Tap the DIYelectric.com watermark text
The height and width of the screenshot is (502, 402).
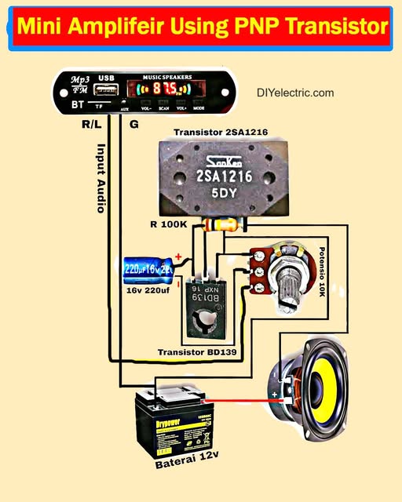(x=295, y=93)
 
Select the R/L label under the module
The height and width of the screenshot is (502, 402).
(x=92, y=124)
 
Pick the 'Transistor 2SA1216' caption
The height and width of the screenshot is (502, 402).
(x=221, y=133)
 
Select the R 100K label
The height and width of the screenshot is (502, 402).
(x=169, y=225)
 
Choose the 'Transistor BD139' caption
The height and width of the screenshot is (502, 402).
(x=196, y=352)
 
